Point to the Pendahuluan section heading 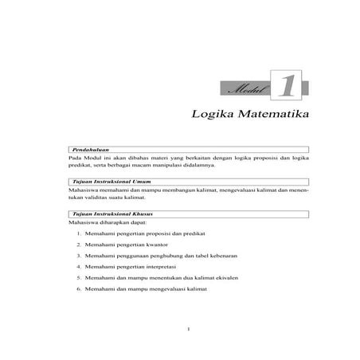pos(89,149)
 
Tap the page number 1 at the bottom pos(185,328)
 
